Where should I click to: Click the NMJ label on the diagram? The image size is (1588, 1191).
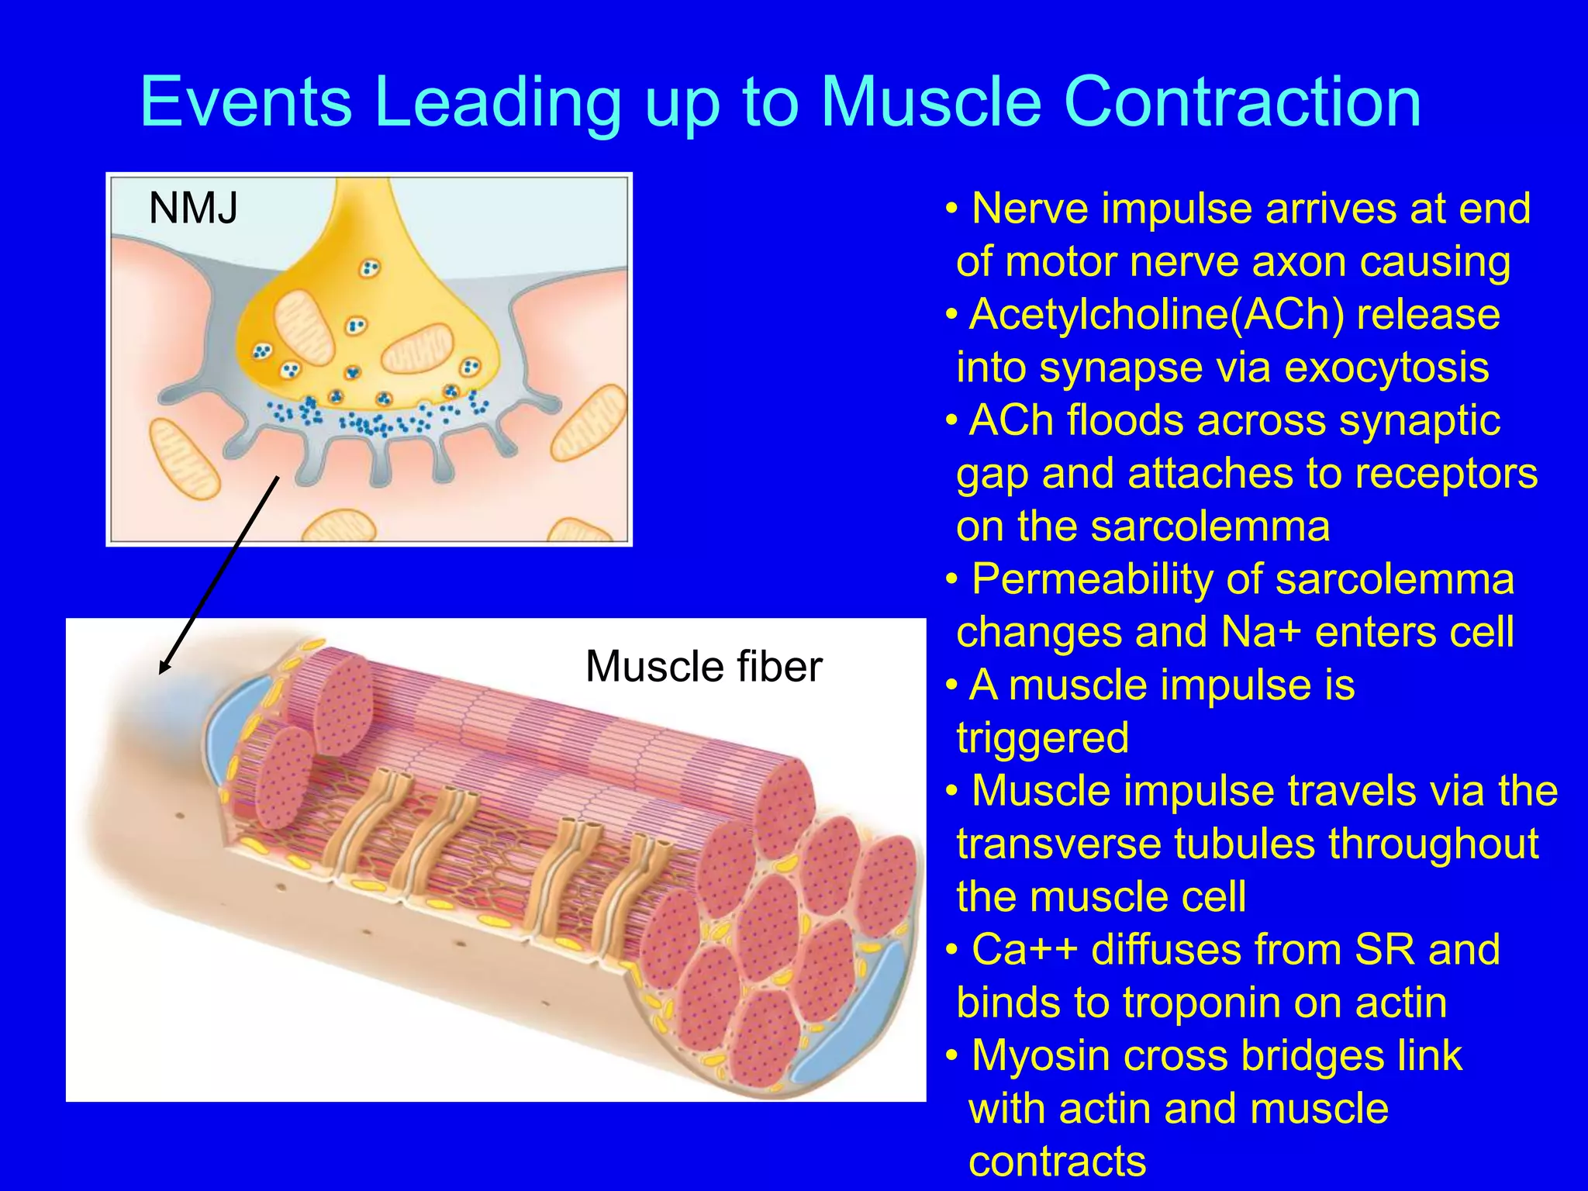(193, 208)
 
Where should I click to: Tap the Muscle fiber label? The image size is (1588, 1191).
(703, 666)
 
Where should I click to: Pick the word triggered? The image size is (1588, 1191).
(1043, 737)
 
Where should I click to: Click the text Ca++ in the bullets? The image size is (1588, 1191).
(1024, 950)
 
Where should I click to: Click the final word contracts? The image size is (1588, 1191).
(1057, 1162)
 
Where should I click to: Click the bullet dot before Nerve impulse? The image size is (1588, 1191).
(951, 209)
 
